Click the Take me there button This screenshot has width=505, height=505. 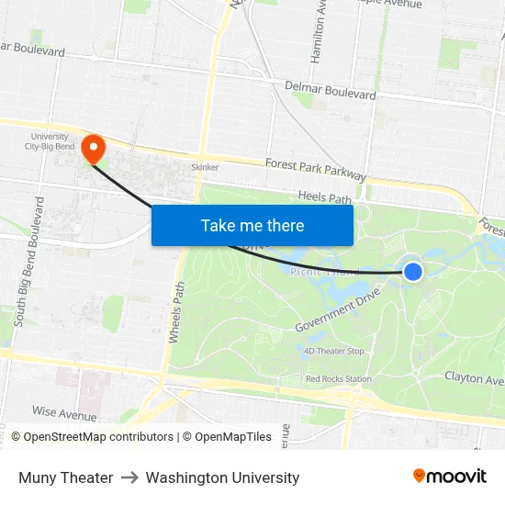(x=252, y=225)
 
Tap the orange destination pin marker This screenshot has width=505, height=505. (x=93, y=148)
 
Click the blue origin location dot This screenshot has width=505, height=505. (x=413, y=271)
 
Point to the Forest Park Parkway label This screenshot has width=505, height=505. (x=315, y=170)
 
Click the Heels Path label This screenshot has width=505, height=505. (x=325, y=196)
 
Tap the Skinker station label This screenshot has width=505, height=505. (x=205, y=167)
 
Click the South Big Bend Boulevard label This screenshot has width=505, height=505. (x=28, y=261)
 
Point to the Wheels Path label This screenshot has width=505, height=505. (x=175, y=311)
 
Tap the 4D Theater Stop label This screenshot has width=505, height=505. (x=333, y=351)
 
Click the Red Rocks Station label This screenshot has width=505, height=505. (x=338, y=378)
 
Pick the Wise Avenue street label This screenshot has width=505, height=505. (x=64, y=413)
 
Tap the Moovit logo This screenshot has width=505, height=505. (x=450, y=477)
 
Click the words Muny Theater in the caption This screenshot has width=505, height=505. (x=66, y=477)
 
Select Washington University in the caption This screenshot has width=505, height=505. (x=222, y=477)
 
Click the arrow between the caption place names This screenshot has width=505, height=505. (x=129, y=477)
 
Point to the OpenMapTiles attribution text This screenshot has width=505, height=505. (x=227, y=437)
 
